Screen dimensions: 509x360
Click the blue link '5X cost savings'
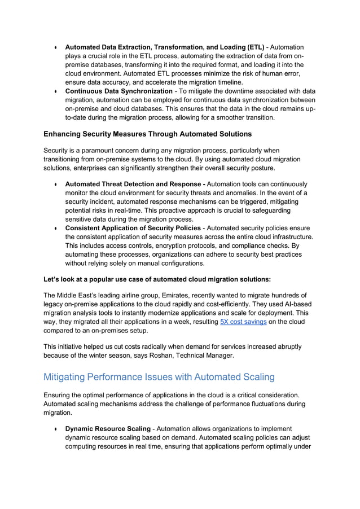tap(243, 321)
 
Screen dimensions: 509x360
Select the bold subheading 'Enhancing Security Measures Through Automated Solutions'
tap(147, 134)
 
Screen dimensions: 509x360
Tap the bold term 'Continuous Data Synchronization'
tap(119, 91)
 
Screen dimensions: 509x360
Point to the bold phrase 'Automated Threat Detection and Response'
tap(136, 184)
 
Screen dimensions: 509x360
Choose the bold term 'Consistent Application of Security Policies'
tap(133, 227)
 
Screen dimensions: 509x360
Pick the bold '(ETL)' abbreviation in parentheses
tap(255, 47)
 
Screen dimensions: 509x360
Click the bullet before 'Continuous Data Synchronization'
tap(56, 91)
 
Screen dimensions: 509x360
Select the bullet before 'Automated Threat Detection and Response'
tap(56, 185)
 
